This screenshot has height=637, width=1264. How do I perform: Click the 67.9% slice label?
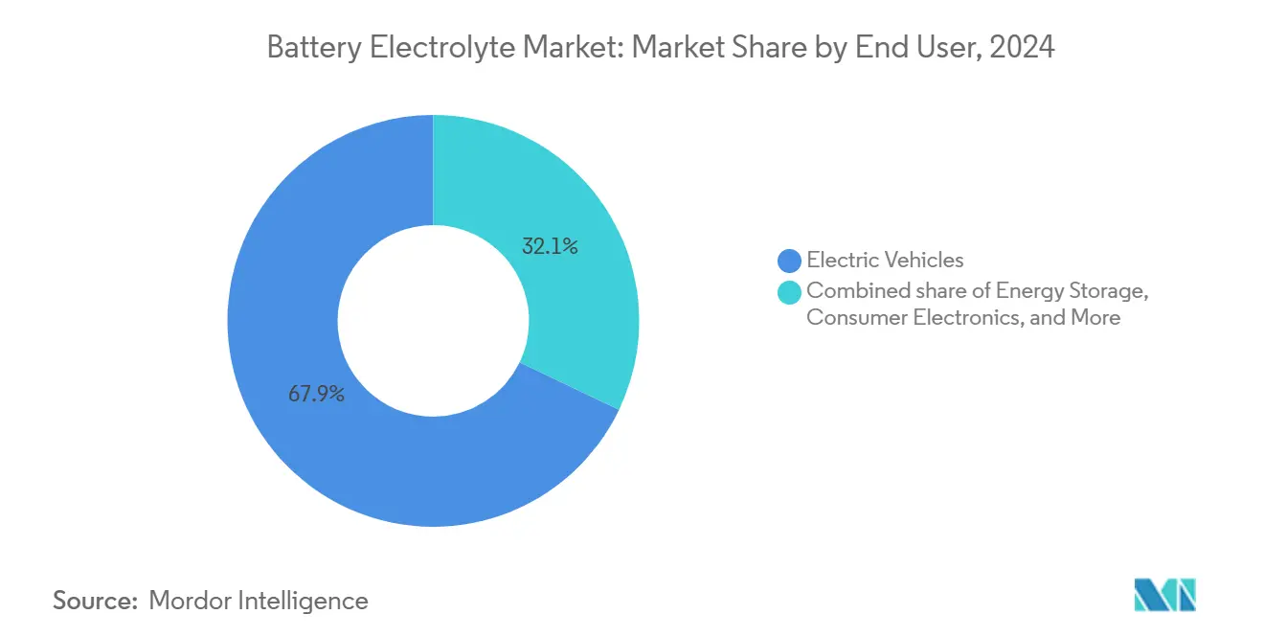[316, 394]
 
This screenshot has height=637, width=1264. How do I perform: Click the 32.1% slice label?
[550, 247]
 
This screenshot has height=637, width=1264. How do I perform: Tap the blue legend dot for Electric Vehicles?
[790, 260]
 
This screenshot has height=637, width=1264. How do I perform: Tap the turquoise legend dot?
[790, 291]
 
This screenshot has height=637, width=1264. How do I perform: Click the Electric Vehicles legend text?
[885, 260]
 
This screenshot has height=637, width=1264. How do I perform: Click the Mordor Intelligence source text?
[259, 601]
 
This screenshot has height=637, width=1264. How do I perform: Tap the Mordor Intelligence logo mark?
[1165, 595]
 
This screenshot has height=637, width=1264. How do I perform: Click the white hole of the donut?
[433, 320]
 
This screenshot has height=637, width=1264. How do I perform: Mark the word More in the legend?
[1095, 318]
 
